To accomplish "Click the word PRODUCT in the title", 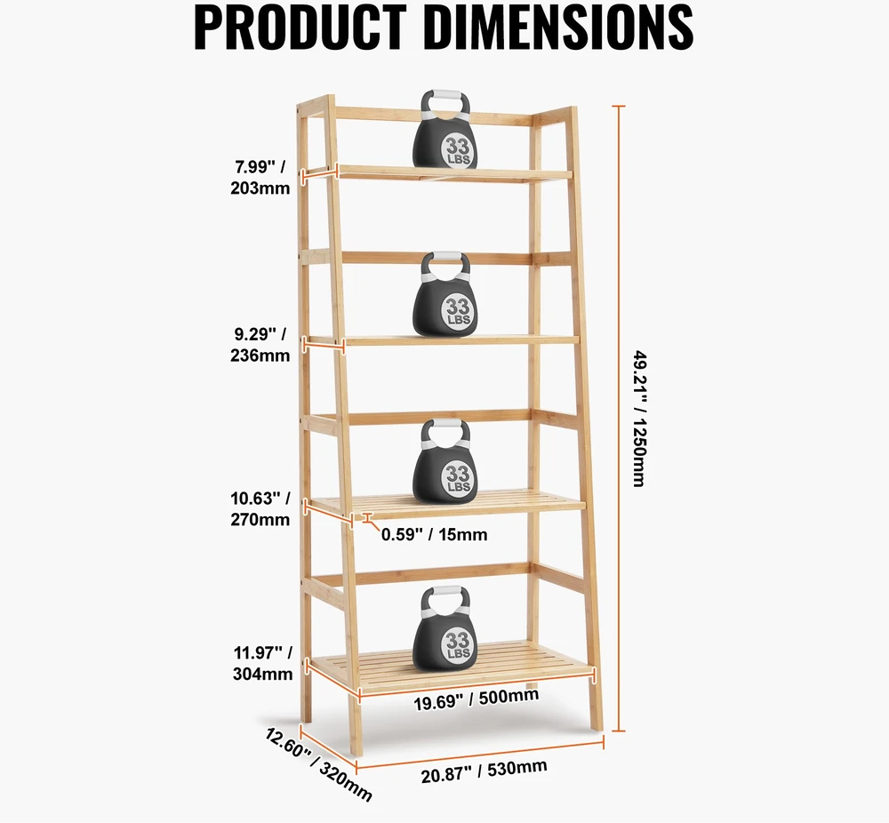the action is tap(300, 28).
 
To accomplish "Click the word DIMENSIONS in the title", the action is tap(559, 28).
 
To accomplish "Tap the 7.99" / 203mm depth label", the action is tap(260, 178).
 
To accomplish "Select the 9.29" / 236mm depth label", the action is tap(260, 345).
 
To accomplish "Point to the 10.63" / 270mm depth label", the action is tap(260, 509).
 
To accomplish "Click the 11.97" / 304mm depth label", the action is tap(262, 663).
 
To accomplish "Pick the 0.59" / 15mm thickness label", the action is tap(435, 534).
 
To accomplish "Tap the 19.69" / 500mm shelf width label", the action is tap(477, 699).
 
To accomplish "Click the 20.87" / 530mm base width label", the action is tap(485, 771).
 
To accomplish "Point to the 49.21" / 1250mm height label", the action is tap(639, 419).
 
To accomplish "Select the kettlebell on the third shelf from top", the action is tap(445, 461).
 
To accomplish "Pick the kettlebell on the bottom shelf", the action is tap(445, 629).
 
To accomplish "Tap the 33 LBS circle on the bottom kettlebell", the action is tap(458, 643).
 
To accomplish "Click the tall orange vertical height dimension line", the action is tap(619, 419).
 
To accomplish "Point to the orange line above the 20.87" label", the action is tap(480, 755).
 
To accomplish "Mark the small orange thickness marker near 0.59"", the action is tap(368, 517).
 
